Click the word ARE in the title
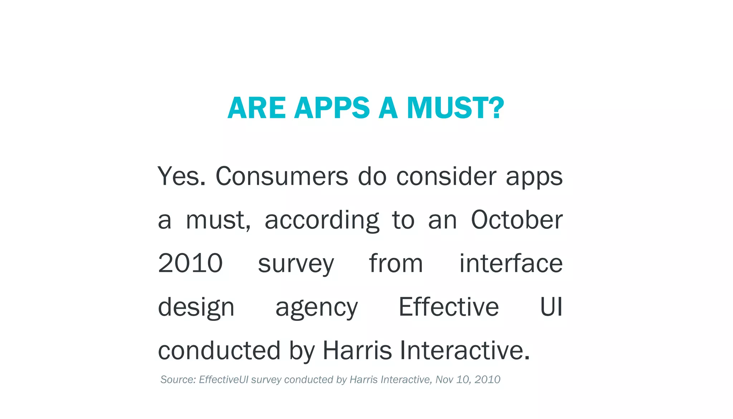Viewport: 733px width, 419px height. click(256, 108)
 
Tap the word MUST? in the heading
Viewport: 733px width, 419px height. click(455, 108)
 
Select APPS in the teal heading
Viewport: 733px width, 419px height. click(332, 108)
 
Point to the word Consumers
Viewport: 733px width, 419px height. click(282, 176)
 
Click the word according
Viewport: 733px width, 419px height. click(321, 221)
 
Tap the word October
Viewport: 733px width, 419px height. click(516, 220)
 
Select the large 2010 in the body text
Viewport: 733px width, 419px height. click(190, 264)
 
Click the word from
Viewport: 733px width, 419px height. click(396, 264)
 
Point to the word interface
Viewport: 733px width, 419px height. click(511, 264)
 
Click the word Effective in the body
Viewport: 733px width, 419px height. click(449, 307)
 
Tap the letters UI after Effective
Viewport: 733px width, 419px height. click(551, 307)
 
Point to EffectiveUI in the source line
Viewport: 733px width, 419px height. click(223, 380)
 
